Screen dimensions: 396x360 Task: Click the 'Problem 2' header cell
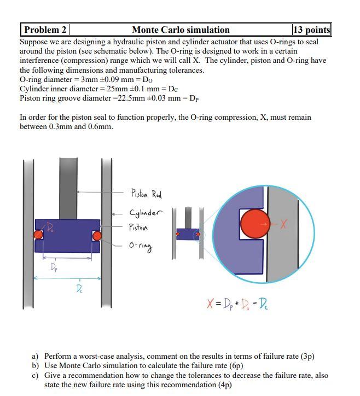pyautogui.click(x=44, y=30)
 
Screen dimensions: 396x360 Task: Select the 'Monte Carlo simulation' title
pyautogui.click(x=181, y=30)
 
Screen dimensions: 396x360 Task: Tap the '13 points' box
pyautogui.click(x=311, y=30)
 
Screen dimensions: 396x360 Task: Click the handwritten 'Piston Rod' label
pyautogui.click(x=146, y=194)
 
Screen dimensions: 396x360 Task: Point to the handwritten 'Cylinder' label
pyautogui.click(x=146, y=213)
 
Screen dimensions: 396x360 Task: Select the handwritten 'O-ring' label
pyautogui.click(x=141, y=246)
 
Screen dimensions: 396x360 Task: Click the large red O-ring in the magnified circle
pyautogui.click(x=254, y=224)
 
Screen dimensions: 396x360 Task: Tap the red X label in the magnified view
pyautogui.click(x=283, y=224)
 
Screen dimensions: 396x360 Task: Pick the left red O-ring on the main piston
pyautogui.click(x=38, y=235)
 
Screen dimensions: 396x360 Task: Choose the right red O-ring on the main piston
pyautogui.click(x=97, y=236)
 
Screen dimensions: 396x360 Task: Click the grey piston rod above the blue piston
pyautogui.click(x=68, y=180)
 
